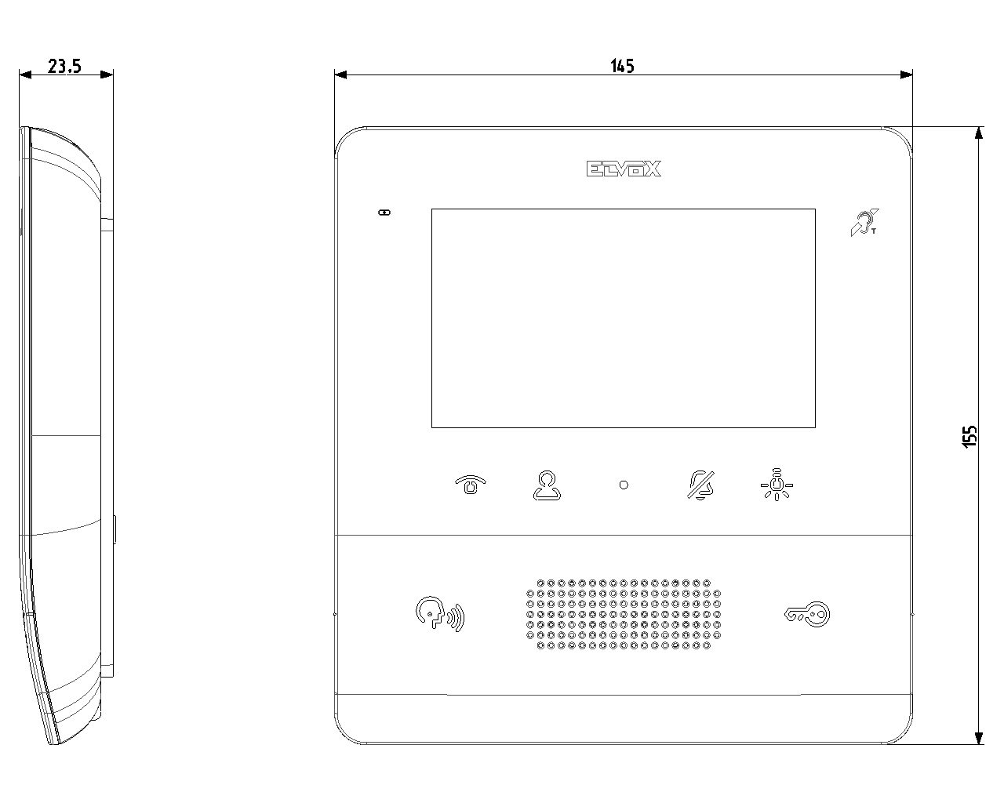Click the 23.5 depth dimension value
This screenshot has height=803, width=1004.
tap(64, 66)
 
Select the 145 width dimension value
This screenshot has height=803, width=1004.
tap(622, 66)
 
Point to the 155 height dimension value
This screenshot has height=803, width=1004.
tap(969, 437)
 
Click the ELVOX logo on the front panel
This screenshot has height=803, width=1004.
tap(624, 169)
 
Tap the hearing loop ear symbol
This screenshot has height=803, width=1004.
tap(864, 223)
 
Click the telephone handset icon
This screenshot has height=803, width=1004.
tap(471, 485)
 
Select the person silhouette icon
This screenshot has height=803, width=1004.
tap(547, 485)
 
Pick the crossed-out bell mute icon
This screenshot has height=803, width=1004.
tap(700, 485)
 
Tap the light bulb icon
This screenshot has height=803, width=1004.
tap(777, 485)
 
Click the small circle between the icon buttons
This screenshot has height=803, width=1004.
tap(624, 485)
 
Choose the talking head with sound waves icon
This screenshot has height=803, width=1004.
tap(440, 614)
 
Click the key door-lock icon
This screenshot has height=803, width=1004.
tap(807, 615)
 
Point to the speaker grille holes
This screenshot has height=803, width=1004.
tap(624, 614)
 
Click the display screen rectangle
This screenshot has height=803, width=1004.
tap(624, 318)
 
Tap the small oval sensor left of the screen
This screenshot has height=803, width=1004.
tap(384, 213)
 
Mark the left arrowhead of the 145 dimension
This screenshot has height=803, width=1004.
tap(340, 74)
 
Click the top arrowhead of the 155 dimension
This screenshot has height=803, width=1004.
tap(979, 133)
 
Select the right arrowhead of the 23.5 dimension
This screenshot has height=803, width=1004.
tap(107, 74)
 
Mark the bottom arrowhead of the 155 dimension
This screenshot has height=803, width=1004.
tap(979, 738)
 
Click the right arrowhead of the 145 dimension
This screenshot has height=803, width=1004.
tap(907, 74)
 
